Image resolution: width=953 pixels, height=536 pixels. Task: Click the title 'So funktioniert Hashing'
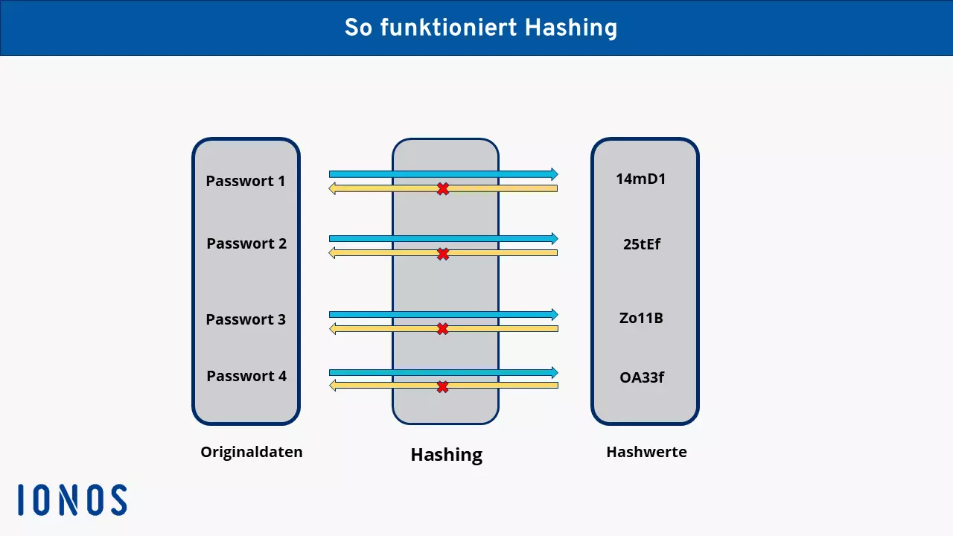pyautogui.click(x=480, y=28)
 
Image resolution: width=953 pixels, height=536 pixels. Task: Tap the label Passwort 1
pyautogui.click(x=246, y=181)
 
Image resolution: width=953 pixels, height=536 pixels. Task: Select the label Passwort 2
pyautogui.click(x=246, y=243)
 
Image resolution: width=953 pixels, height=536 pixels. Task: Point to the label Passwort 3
pyautogui.click(x=246, y=319)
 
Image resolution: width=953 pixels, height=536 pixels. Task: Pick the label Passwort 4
pyautogui.click(x=246, y=376)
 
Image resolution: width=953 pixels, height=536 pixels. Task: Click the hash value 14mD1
pyautogui.click(x=641, y=179)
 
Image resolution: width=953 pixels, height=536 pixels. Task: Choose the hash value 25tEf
pyautogui.click(x=642, y=244)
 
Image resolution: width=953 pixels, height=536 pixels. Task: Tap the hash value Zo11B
pyautogui.click(x=641, y=319)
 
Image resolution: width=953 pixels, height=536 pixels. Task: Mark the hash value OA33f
pyautogui.click(x=642, y=377)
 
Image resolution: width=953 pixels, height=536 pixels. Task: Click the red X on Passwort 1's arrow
pyautogui.click(x=443, y=189)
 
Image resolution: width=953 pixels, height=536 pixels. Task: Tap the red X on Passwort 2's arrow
pyautogui.click(x=443, y=255)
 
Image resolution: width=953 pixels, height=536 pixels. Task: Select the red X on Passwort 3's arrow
pyautogui.click(x=442, y=329)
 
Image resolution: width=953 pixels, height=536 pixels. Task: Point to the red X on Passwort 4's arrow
pyautogui.click(x=442, y=387)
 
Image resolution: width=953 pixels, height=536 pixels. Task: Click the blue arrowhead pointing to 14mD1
pyautogui.click(x=554, y=174)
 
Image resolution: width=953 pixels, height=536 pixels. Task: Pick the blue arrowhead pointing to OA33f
pyautogui.click(x=554, y=372)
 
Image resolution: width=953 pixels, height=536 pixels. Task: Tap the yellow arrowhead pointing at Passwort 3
pyautogui.click(x=333, y=328)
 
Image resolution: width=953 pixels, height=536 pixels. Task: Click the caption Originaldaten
pyautogui.click(x=252, y=452)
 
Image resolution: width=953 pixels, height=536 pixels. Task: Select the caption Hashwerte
pyautogui.click(x=646, y=452)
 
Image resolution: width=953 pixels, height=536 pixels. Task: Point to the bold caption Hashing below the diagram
pyautogui.click(x=447, y=455)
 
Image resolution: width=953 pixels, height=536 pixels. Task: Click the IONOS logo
pyautogui.click(x=73, y=500)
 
